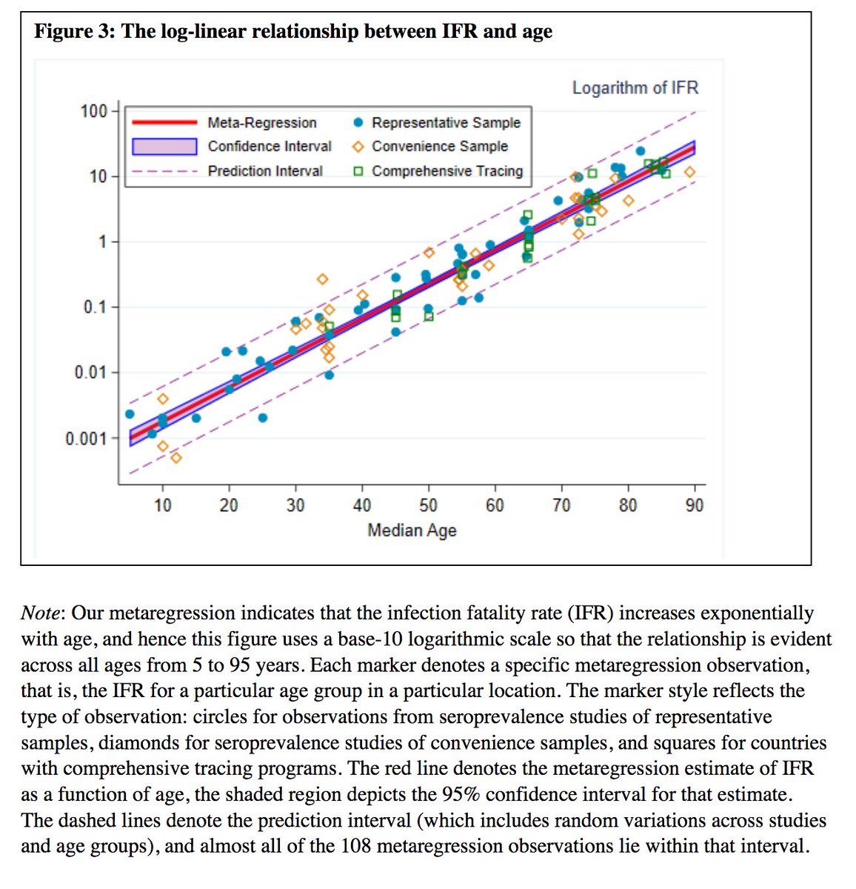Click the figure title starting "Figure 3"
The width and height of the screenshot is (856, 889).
point(293,32)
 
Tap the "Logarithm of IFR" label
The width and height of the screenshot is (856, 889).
point(635,88)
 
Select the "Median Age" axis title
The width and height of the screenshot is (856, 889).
point(412,530)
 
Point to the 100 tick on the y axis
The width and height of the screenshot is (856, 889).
point(94,111)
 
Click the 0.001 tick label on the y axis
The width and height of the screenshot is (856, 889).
point(86,439)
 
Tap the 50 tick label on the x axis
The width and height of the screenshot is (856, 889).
point(428,505)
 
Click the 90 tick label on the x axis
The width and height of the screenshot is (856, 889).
point(695,505)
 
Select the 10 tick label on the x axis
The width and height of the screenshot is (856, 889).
point(162,505)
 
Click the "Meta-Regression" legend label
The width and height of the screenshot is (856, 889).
point(262,123)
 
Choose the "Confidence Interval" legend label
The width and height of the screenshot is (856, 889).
point(270,147)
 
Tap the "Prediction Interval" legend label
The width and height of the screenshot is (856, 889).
point(265,171)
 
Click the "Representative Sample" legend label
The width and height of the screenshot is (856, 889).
point(446,123)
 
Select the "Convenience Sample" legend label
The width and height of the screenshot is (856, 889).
point(440,147)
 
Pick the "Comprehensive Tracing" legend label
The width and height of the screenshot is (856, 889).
point(447,171)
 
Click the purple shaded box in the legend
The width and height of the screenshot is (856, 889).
point(164,147)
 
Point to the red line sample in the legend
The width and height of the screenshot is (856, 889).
point(164,123)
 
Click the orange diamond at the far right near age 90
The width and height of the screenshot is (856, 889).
point(689,173)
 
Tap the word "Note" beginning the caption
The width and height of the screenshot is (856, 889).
point(43,613)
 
